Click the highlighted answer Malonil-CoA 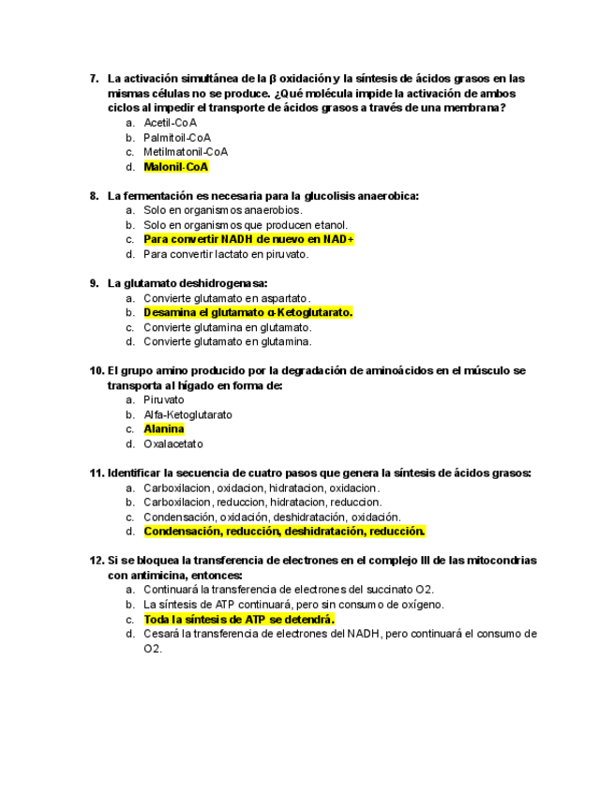point(175,167)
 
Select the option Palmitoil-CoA point(177,138)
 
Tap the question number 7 point(94,79)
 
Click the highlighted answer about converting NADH point(248,239)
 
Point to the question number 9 point(94,283)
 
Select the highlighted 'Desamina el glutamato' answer point(247,312)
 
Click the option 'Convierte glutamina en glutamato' point(228,327)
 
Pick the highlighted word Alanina point(163,429)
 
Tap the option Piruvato point(164,400)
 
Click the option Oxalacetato point(173,444)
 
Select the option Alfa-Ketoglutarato point(187,414)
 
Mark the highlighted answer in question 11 point(284,532)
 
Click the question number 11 point(96,473)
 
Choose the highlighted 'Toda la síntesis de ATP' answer point(239,620)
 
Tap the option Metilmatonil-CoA point(186,152)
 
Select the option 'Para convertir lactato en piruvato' point(226,254)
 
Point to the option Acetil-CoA point(170,123)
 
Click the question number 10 point(96,371)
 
